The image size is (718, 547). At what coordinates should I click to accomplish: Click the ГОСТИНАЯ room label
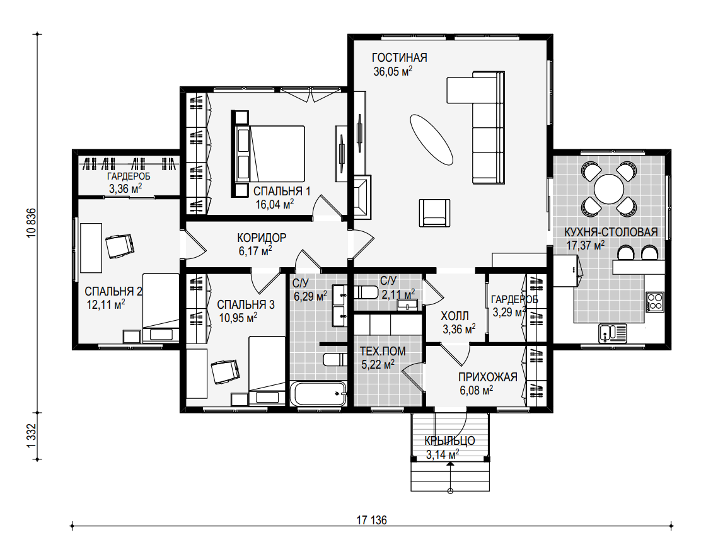click(x=399, y=58)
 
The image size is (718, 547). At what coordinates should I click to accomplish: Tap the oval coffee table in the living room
click(x=431, y=139)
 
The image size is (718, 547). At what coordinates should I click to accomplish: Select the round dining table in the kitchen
click(x=608, y=188)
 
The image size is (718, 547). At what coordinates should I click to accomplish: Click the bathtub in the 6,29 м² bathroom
click(x=319, y=393)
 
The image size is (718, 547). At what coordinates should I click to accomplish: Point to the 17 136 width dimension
click(x=371, y=520)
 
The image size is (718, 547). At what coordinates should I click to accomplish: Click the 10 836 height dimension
click(x=31, y=223)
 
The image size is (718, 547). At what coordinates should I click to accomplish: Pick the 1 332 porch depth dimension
click(x=31, y=435)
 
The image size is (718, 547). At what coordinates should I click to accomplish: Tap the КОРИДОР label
click(x=262, y=238)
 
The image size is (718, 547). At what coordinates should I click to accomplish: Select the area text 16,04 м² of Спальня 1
click(x=275, y=204)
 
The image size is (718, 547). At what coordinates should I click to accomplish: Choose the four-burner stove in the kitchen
click(x=655, y=302)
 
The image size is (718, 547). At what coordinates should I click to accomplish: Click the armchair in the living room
click(x=434, y=213)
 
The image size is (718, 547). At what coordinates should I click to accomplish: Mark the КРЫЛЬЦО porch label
click(x=449, y=440)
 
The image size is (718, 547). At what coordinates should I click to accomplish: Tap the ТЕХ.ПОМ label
click(x=383, y=352)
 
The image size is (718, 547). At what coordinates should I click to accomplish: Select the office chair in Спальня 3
click(x=225, y=371)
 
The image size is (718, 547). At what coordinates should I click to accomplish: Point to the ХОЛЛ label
click(x=455, y=316)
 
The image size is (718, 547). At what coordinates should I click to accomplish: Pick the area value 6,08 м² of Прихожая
click(x=477, y=391)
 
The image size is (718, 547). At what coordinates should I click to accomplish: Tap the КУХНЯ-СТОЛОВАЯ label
click(x=611, y=232)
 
